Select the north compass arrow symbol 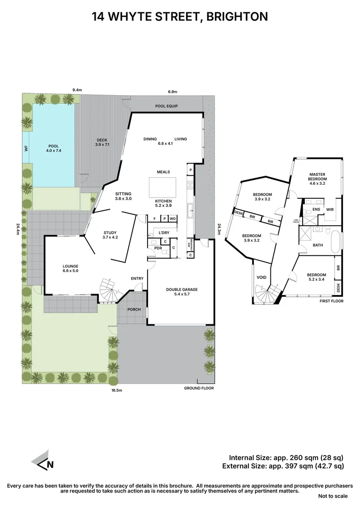click(43, 463)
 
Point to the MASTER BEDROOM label click(317, 177)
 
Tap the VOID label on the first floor click(261, 277)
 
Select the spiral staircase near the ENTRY click(108, 288)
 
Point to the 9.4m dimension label click(77, 90)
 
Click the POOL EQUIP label click(166, 107)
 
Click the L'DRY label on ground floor click(164, 233)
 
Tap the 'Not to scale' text click(333, 496)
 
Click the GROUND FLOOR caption click(199, 388)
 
